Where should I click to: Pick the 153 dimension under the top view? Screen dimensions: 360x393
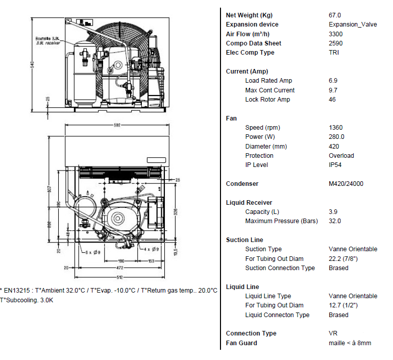152,261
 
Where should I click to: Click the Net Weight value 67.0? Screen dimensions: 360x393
335,15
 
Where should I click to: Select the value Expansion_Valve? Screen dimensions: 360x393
353,25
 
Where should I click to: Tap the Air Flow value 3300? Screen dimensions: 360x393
335,34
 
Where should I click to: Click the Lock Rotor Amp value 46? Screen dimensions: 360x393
332,100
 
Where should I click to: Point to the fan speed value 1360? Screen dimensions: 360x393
336,128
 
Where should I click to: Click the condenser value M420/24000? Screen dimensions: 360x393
346,184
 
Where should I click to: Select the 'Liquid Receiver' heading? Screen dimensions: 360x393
249,203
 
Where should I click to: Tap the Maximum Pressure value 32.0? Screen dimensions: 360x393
335,221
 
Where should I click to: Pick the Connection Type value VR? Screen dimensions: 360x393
333,333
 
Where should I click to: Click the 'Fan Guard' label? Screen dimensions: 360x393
241,343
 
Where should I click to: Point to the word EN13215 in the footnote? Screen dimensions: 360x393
18,291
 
